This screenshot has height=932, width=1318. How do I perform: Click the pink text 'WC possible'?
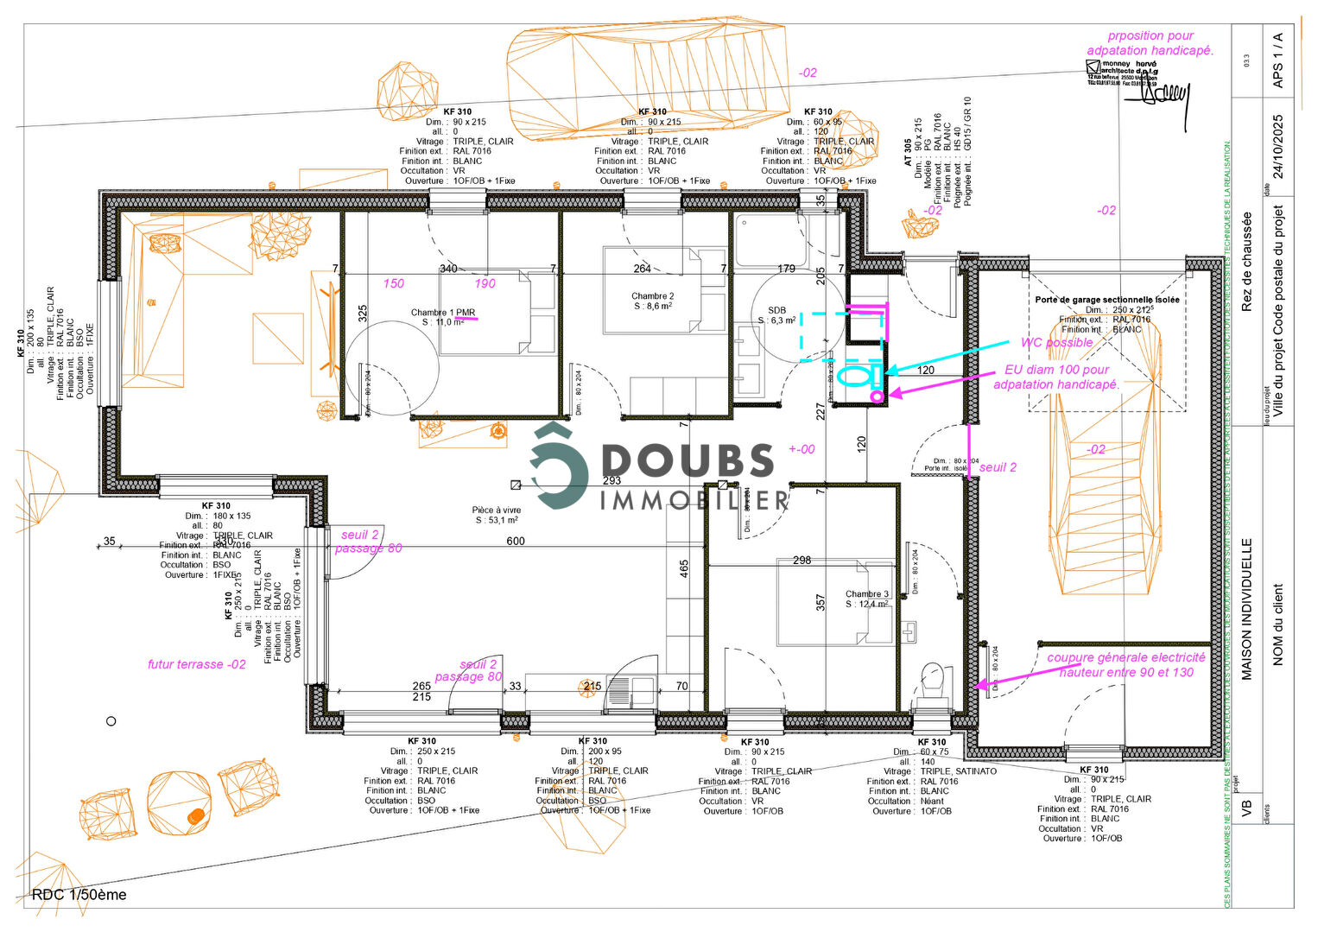coord(1056,342)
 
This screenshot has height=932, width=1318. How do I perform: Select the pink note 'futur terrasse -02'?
coord(196,664)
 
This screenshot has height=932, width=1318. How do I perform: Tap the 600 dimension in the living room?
coord(515,541)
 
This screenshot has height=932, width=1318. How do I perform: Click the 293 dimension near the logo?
coord(611,480)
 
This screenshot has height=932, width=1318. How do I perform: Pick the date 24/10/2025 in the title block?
coord(1278,146)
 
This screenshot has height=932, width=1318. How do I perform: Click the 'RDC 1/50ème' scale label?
coord(79,895)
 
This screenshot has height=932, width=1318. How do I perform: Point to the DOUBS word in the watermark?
coord(688,460)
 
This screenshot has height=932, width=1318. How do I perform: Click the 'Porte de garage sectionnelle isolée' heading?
coord(1106,300)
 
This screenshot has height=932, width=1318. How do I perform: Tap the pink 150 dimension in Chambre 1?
coord(393,283)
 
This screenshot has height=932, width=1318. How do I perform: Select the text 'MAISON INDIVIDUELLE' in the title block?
coord(1246,609)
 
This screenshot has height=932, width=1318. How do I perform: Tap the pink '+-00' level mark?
coord(801,449)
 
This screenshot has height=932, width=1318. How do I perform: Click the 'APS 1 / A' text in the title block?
coord(1278,60)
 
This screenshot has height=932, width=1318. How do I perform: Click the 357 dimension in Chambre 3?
coord(821,602)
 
